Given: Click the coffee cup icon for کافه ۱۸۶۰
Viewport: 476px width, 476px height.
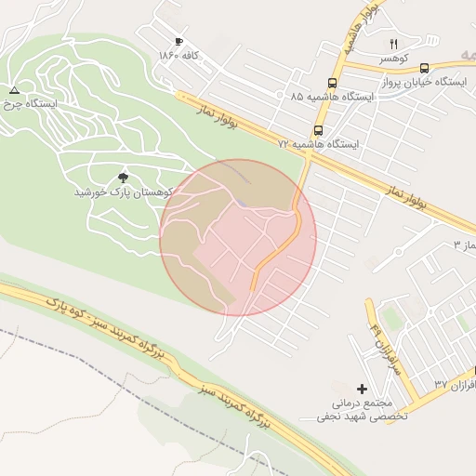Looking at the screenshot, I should click(x=178, y=42).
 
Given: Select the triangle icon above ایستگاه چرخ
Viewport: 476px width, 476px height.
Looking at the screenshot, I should click(x=14, y=90).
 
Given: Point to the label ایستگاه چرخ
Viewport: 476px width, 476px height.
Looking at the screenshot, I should click(x=30, y=105).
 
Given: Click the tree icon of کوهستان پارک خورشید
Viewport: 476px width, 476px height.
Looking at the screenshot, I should click(x=124, y=177).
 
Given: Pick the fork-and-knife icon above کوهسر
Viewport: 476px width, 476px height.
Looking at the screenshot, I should click(x=393, y=44).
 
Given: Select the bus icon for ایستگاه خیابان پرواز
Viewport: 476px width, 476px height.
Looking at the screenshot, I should click(x=424, y=68).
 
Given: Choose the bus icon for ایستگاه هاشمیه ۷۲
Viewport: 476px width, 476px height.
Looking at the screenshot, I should click(x=319, y=131).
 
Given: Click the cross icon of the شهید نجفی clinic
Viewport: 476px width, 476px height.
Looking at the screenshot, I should click(x=362, y=388).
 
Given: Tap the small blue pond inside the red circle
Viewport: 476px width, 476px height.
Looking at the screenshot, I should click(x=240, y=204).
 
